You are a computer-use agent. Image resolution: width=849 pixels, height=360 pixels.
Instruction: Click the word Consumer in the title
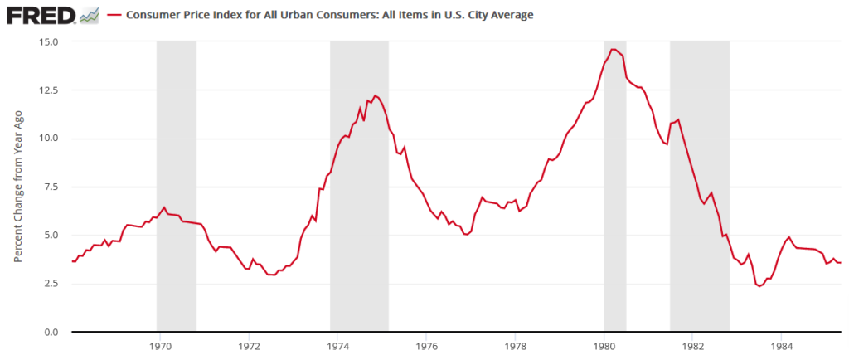coord(154,16)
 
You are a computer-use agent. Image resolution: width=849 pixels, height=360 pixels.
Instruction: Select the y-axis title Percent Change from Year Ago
coord(17,186)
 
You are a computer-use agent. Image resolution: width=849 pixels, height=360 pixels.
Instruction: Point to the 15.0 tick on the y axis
coord(47,41)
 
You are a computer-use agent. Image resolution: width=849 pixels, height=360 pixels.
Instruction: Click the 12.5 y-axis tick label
coord(47,90)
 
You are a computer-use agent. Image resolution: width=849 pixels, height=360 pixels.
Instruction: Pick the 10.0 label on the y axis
coord(47,139)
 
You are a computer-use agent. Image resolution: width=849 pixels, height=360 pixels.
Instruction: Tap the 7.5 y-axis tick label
coord(51,187)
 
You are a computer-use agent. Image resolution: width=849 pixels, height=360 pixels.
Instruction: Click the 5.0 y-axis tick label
coord(51,236)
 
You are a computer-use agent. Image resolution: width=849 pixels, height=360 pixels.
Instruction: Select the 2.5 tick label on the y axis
coord(51,284)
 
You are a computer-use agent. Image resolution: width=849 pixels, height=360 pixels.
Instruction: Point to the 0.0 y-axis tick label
coord(51,332)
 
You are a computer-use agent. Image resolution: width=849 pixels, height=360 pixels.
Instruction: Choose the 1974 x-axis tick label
coord(337,344)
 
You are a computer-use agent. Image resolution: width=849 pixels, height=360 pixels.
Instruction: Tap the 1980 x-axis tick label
coord(604,344)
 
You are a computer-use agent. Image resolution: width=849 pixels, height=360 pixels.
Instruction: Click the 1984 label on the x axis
coord(781,344)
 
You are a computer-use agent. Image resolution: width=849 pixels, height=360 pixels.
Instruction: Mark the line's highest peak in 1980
coord(613,50)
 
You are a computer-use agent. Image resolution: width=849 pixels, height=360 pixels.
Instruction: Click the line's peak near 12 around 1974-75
coord(375,95)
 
